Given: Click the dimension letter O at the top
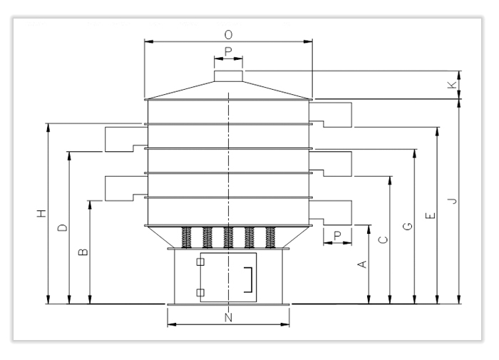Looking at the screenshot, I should pos(228,34).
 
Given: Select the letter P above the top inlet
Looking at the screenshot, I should pos(228,51).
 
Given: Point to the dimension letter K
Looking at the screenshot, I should pos(451,85).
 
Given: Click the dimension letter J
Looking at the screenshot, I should pos(451,202).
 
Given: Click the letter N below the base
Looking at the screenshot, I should pos(228,318).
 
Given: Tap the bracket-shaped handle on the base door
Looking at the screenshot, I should pos(249,279).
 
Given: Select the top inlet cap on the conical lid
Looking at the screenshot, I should pos(228,76).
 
